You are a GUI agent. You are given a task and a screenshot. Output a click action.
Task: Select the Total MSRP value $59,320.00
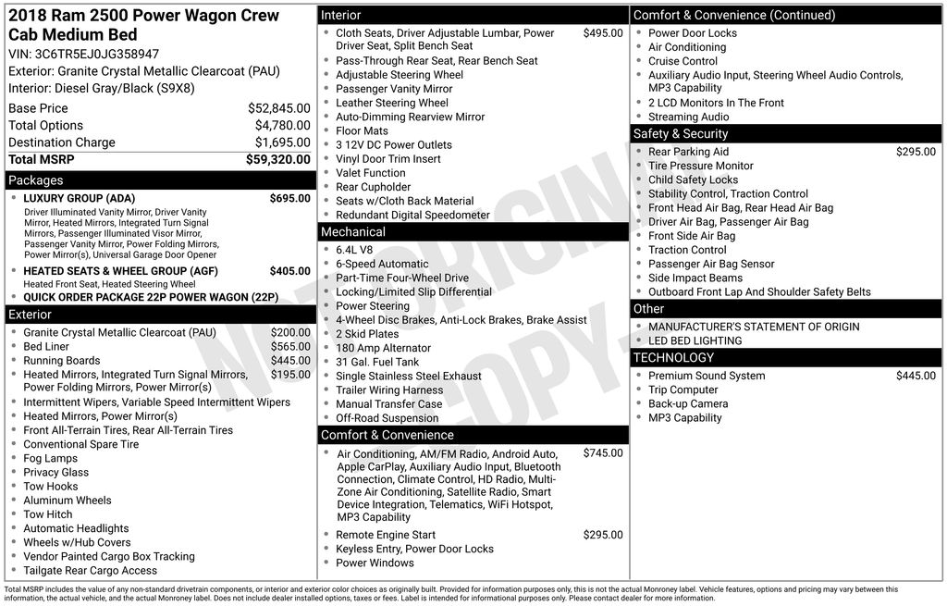coord(278,160)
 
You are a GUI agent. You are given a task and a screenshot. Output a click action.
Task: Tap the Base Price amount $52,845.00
coord(279,108)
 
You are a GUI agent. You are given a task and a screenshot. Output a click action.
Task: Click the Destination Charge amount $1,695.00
coord(282,142)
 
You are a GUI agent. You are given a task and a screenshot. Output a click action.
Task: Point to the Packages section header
coord(36,180)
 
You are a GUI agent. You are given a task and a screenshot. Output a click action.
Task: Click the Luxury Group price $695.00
coord(289,198)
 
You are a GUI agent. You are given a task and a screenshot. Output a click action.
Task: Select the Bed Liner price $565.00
coord(290,347)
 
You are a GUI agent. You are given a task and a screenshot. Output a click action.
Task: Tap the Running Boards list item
coord(62,361)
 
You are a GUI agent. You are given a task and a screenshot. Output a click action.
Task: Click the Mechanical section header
coord(353,232)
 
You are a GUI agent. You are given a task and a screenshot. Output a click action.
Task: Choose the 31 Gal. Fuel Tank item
coord(377,362)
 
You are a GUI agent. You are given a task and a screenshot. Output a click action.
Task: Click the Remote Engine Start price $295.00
coord(603,535)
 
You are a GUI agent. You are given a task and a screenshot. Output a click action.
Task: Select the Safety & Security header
coord(681,134)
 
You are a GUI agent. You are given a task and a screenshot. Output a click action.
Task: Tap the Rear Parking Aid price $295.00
coord(916,152)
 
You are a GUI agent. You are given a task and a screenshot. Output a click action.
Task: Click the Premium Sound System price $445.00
coord(916,376)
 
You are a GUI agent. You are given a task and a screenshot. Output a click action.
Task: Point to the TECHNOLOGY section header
coord(673,358)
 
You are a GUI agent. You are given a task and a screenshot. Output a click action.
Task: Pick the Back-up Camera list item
coord(688,403)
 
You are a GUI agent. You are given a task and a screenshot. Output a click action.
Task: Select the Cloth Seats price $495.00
coord(603,33)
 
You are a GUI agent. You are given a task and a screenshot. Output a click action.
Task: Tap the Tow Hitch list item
coord(48,514)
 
